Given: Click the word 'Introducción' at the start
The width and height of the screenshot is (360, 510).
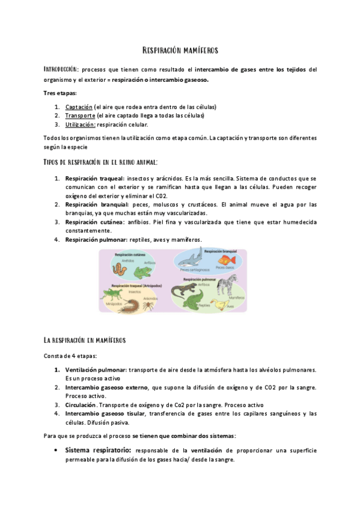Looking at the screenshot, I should [61, 70].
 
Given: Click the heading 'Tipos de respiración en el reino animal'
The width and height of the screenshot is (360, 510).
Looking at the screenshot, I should [101, 162].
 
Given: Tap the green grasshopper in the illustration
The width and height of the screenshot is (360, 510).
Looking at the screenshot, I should [115, 295].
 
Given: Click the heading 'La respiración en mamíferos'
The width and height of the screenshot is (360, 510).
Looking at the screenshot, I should [84, 340].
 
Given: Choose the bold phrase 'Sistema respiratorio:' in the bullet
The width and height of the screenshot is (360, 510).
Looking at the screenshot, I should [99, 450].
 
